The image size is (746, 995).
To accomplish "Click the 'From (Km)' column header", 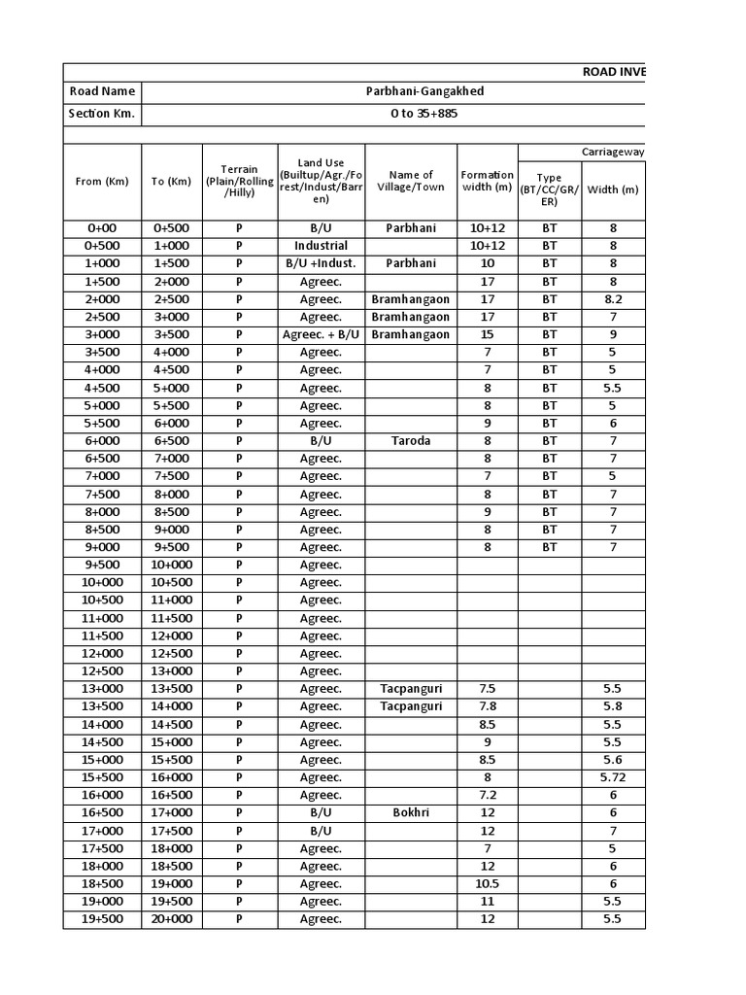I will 102,181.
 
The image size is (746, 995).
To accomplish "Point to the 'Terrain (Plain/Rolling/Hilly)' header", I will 239,181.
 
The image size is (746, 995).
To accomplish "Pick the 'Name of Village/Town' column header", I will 412,181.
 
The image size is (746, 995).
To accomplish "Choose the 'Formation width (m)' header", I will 488,181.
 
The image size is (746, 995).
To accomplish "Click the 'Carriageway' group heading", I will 613,153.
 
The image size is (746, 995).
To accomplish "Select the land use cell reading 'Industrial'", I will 321,246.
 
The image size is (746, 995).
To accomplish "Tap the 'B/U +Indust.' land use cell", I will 321,263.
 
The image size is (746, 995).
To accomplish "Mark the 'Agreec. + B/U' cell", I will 321,334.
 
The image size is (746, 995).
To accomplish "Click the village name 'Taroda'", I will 411,440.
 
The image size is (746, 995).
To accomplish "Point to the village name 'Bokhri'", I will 411,812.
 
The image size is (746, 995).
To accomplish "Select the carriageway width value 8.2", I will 613,299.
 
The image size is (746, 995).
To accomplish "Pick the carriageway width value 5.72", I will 613,777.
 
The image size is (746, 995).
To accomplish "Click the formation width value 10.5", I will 488,883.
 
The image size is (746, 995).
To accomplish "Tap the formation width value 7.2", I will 488,795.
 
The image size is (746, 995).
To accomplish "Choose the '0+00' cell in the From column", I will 102,228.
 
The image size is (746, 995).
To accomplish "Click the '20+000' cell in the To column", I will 172,919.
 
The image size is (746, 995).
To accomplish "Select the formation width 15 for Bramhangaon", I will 488,334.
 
